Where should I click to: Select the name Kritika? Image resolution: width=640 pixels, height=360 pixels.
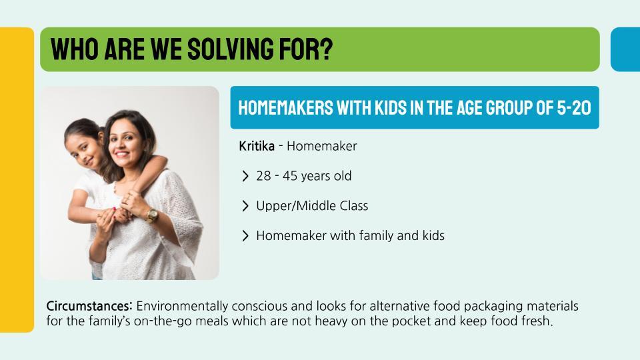[x=256, y=146]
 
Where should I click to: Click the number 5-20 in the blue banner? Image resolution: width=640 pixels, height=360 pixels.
[x=574, y=108]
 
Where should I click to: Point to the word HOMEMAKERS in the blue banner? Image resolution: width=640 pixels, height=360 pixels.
[x=286, y=108]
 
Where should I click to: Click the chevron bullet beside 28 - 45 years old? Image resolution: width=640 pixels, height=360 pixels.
[x=245, y=176]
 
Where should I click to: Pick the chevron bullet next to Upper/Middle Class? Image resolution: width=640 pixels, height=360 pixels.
[x=245, y=206]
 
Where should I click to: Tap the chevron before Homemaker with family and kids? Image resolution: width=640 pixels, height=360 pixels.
[x=245, y=235]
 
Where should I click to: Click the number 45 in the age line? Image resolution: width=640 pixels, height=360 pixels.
[x=290, y=175]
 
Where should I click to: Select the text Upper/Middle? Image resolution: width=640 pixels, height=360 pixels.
[x=289, y=206]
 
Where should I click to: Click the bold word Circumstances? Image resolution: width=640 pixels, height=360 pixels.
[x=89, y=306]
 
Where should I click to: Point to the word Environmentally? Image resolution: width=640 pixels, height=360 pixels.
[x=182, y=306]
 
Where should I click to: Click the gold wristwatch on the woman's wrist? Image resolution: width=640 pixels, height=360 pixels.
[x=152, y=215]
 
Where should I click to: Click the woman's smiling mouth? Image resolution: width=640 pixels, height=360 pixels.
[x=121, y=154]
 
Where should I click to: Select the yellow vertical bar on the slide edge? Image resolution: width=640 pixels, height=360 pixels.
[x=17, y=179]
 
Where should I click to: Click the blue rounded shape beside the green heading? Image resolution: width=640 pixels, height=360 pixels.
[x=625, y=49]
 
